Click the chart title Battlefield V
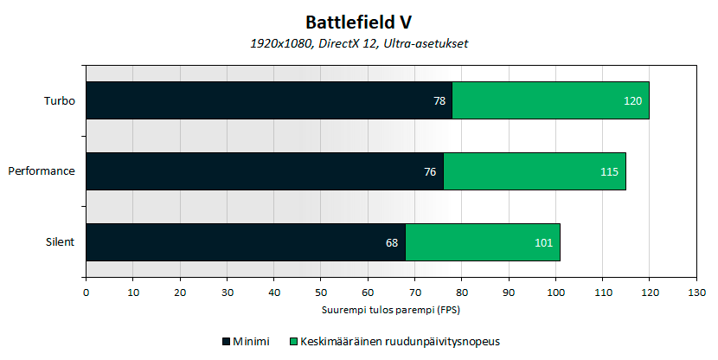pos(358,20)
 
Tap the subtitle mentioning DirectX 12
pos(358,42)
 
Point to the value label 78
pos(439,101)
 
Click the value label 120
pos(632,101)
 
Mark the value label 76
pos(430,172)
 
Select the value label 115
pos(609,172)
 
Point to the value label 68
pos(392,243)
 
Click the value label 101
pos(543,243)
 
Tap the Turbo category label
pos(60,100)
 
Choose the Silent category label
pos(61,242)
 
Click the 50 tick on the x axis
pos(320,292)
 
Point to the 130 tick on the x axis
pos(696,292)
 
